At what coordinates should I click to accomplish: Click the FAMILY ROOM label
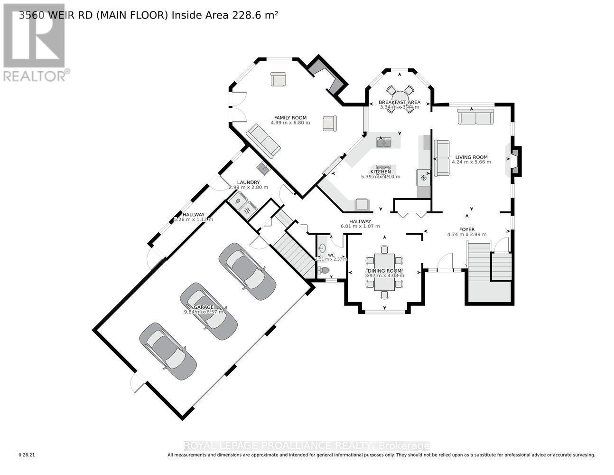pos(290,118)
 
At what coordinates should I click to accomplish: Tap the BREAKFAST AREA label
pos(399,102)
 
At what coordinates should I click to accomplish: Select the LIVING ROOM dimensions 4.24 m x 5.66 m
pos(471,162)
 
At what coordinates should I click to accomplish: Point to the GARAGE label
pos(203,307)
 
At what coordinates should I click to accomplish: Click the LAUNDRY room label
pos(248,182)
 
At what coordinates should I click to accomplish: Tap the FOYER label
pos(467,229)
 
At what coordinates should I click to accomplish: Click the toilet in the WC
pos(324,270)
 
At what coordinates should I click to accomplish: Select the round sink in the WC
pos(322,247)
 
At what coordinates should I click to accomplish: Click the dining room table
pos(384,272)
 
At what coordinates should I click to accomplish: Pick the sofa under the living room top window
pos(475,116)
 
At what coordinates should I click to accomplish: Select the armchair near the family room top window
pos(278,79)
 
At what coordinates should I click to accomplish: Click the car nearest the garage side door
pos(167,351)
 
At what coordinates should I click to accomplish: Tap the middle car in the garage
pos(208,311)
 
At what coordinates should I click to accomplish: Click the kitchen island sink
pos(383,142)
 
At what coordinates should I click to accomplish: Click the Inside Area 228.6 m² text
pos(224,15)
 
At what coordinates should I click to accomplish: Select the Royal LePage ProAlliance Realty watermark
pos(307,446)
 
